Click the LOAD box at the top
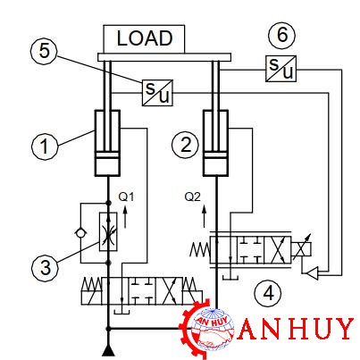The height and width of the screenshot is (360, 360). pyautogui.click(x=144, y=38)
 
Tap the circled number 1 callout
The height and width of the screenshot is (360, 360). pyautogui.click(x=45, y=147)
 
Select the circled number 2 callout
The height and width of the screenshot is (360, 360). pyautogui.click(x=186, y=146)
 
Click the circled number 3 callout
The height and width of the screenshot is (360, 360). pyautogui.click(x=46, y=267)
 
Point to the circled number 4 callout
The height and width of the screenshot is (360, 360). pyautogui.click(x=268, y=293)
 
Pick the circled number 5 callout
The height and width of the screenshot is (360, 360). pyautogui.click(x=45, y=51)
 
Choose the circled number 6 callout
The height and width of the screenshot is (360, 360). pyautogui.click(x=282, y=35)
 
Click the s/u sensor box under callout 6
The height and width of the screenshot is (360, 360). pyautogui.click(x=280, y=69)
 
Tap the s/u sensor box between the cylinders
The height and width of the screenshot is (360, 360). pyautogui.click(x=157, y=93)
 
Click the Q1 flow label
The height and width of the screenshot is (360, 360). pyautogui.click(x=126, y=197)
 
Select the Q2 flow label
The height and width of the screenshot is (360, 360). pyautogui.click(x=192, y=197)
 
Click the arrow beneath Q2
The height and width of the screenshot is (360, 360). pyautogui.click(x=205, y=216)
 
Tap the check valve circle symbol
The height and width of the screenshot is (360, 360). pyautogui.click(x=80, y=233)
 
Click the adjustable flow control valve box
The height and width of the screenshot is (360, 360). pyautogui.click(x=108, y=231)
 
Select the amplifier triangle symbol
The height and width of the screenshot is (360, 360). pyautogui.click(x=313, y=272)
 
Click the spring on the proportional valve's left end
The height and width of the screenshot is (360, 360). pyautogui.click(x=200, y=249)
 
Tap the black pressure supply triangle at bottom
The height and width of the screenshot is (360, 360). pyautogui.click(x=108, y=350)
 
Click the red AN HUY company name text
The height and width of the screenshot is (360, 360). pyautogui.click(x=296, y=329)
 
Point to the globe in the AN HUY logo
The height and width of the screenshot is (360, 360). pyautogui.click(x=212, y=330)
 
